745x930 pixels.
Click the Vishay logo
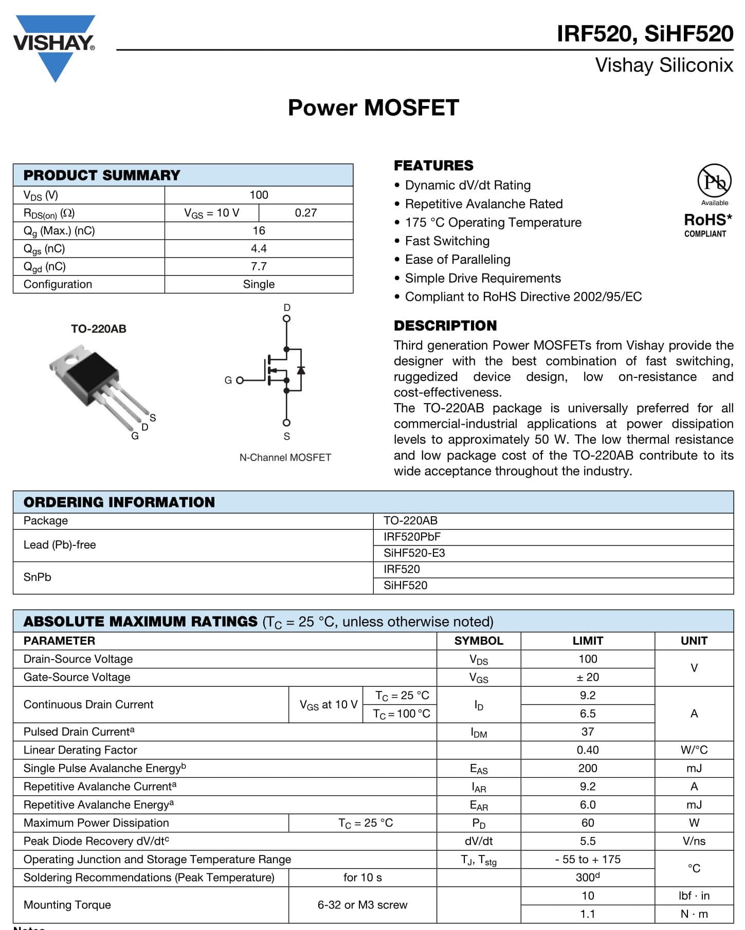54,46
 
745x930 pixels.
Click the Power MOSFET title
373,108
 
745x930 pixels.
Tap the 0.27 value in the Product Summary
305,213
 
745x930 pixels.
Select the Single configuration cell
259,284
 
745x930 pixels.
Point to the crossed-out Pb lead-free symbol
714,180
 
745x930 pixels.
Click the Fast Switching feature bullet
447,241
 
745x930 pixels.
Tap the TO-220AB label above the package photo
98,329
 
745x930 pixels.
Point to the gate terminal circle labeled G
240,380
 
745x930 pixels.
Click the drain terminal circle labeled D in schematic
286,318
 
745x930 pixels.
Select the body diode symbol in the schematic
301,370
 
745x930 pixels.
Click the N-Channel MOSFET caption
285,458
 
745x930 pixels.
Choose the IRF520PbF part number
412,537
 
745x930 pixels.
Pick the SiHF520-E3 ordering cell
414,553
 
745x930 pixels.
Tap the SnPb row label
38,577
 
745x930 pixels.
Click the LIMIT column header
587,641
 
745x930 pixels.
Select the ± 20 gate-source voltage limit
587,678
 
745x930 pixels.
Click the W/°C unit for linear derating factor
694,750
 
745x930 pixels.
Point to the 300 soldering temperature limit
587,878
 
